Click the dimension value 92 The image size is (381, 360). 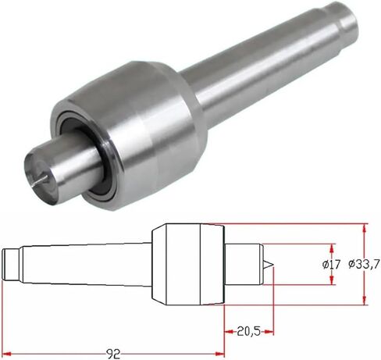click(x=113, y=353)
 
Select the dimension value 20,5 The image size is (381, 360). click(x=248, y=331)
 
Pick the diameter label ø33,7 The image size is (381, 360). click(x=363, y=264)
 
